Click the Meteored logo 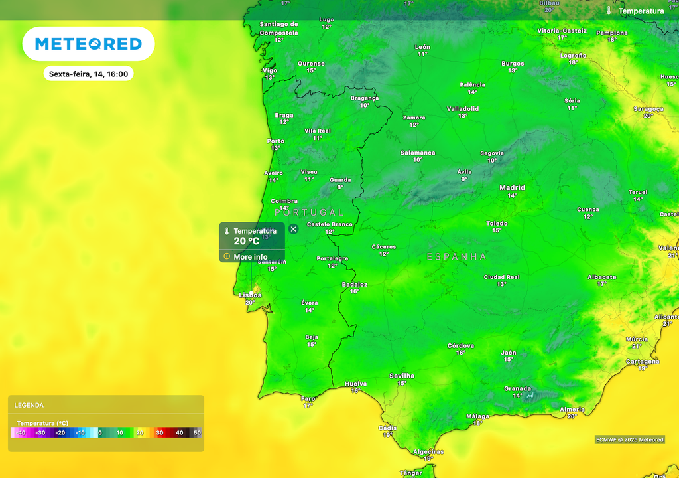88,44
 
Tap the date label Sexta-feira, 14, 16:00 88,74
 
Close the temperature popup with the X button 294,229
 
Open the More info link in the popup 250,257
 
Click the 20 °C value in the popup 247,241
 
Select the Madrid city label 512,188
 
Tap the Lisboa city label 250,295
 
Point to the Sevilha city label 401,376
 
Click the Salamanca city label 418,153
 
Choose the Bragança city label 365,98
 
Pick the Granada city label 517,389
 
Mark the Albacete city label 601,277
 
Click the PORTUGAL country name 309,212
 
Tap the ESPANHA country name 456,256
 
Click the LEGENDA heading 29,405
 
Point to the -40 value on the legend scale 21,433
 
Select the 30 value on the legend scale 159,433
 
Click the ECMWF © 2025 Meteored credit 629,439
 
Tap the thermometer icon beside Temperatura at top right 609,11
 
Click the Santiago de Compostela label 278,28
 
